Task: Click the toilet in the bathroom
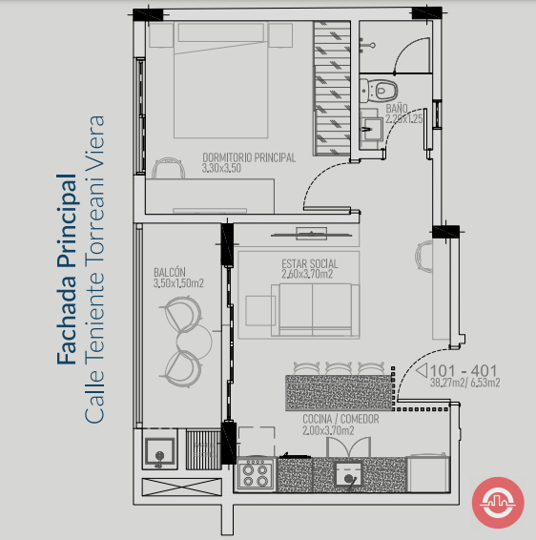(x=378, y=91)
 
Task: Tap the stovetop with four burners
(x=256, y=475)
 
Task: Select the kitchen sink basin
(x=349, y=474)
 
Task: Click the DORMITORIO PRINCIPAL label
(x=249, y=157)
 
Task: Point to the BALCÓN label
(x=170, y=273)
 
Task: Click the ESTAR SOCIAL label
(x=310, y=264)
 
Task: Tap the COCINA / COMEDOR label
(x=340, y=419)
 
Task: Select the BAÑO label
(x=397, y=109)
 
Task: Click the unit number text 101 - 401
(x=464, y=371)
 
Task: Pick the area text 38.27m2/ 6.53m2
(x=465, y=383)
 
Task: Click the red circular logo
(x=498, y=503)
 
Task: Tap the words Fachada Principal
(x=66, y=269)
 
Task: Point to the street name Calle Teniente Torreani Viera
(x=94, y=269)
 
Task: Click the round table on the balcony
(x=195, y=341)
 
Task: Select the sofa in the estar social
(x=315, y=310)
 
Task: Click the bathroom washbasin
(x=371, y=129)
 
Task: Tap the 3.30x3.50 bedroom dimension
(x=221, y=168)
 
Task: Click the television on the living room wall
(x=312, y=235)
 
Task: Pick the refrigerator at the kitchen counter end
(x=428, y=473)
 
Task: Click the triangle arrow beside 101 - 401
(x=423, y=370)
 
